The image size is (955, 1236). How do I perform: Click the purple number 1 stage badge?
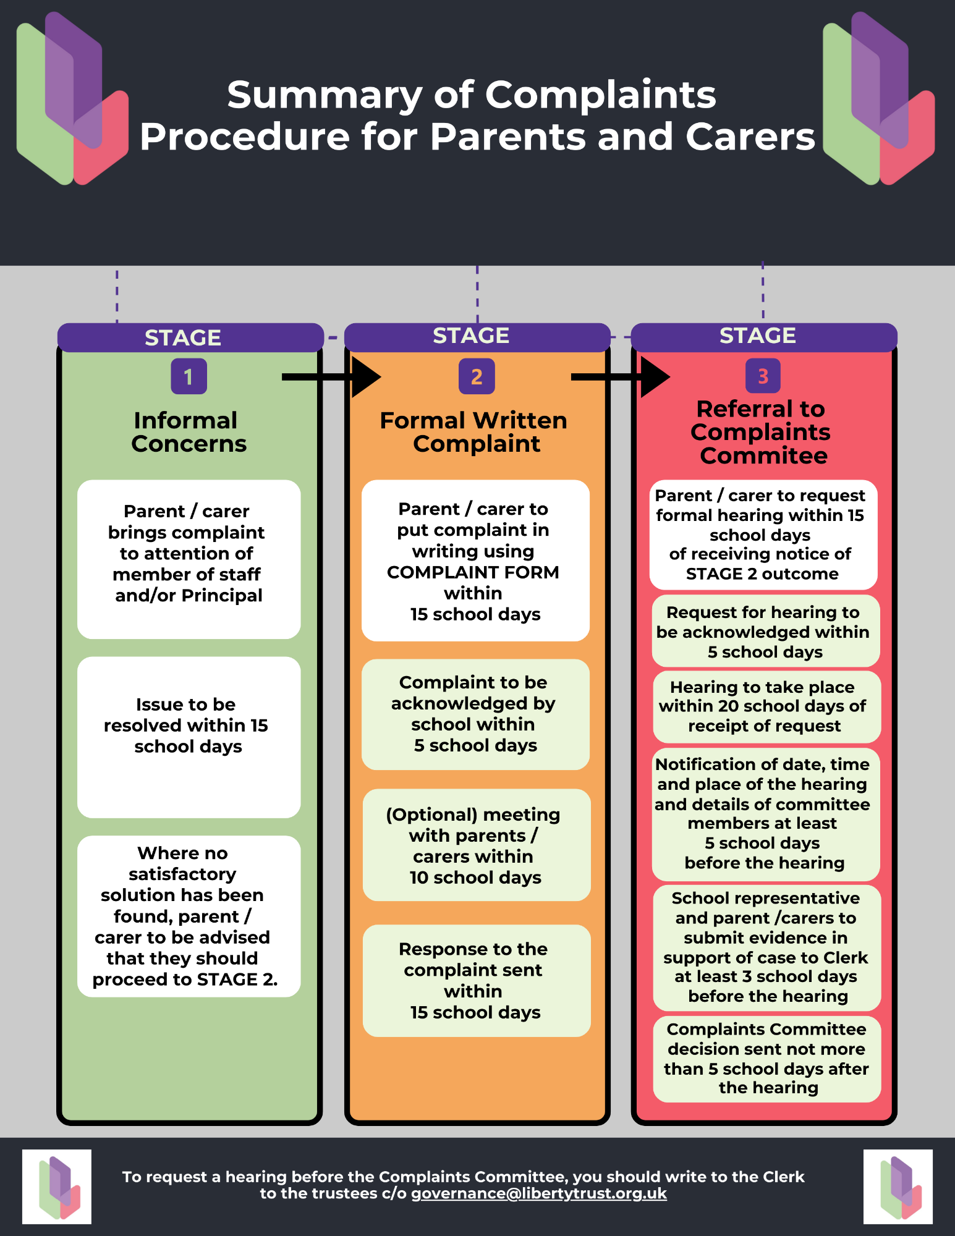[x=189, y=376]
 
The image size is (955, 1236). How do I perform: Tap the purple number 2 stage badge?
[x=477, y=376]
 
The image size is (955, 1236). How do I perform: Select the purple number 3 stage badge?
[x=763, y=376]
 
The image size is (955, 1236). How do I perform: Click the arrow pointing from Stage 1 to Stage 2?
[x=331, y=377]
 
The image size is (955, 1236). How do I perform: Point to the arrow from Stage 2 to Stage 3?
[x=621, y=377]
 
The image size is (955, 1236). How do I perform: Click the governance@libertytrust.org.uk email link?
[x=539, y=1193]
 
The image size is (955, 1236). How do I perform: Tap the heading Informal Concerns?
[x=189, y=432]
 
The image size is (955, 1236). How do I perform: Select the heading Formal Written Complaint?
[x=474, y=432]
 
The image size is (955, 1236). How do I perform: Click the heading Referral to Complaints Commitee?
[x=762, y=432]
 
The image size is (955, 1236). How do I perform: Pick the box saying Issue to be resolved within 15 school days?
[x=189, y=737]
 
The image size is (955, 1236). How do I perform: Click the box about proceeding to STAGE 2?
[x=189, y=916]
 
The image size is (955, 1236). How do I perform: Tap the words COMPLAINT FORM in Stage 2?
[x=473, y=572]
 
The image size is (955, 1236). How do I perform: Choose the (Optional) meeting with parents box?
[x=477, y=845]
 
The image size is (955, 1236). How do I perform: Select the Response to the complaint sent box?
[x=477, y=981]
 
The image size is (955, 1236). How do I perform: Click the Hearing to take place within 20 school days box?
[x=766, y=706]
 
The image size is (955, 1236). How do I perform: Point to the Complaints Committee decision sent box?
[x=766, y=1059]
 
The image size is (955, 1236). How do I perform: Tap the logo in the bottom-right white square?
[x=901, y=1187]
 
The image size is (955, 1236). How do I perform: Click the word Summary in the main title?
[x=320, y=96]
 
